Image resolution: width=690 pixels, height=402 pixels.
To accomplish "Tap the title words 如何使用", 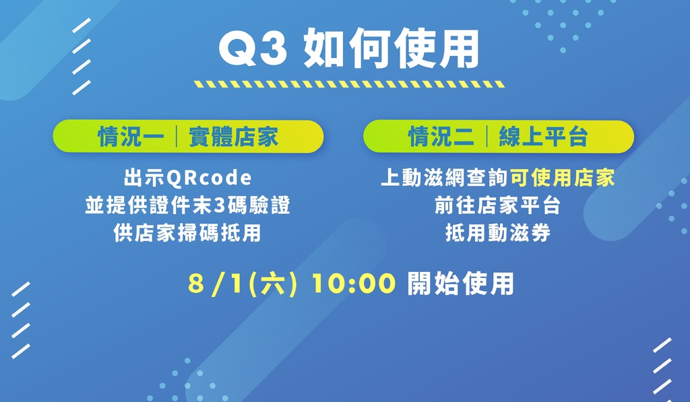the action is tap(391, 48).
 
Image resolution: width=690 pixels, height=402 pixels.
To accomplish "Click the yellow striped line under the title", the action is tap(350, 84).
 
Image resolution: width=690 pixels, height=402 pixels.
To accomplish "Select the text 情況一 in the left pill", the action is tap(131, 136).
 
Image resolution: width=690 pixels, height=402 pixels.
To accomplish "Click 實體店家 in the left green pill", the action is tap(234, 136).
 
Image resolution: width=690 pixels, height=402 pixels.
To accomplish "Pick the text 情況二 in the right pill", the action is tap(441, 136).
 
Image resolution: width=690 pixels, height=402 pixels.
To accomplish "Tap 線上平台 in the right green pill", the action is tap(544, 136).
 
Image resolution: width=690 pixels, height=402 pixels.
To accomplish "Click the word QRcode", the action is tap(209, 178).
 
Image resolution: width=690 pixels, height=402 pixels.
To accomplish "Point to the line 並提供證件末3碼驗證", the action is tap(188, 205).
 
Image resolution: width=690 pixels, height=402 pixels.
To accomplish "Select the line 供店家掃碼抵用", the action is tap(187, 233).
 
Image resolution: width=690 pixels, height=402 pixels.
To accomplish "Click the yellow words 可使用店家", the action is tap(563, 178).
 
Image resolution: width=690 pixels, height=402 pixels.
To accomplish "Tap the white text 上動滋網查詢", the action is tap(445, 178).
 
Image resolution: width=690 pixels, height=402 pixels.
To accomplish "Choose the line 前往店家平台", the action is tap(498, 205).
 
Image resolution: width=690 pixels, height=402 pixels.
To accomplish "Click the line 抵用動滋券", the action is tap(498, 233).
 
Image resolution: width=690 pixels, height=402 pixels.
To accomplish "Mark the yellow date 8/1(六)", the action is tap(243, 283).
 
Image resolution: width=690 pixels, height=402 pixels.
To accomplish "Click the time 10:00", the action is tap(354, 283).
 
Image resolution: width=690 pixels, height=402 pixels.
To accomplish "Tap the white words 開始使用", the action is tap(461, 283).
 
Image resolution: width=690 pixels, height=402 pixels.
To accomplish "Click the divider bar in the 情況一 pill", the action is tap(177, 136).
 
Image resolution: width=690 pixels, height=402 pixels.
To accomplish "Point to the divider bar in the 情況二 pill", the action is tap(487, 136).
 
